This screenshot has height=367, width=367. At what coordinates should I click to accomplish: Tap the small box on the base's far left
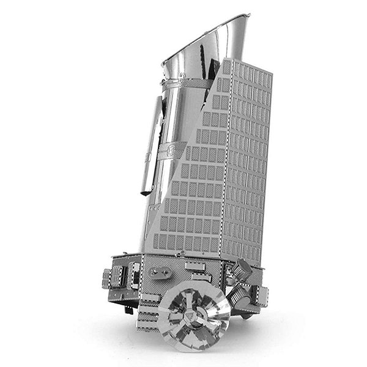[x=109, y=278]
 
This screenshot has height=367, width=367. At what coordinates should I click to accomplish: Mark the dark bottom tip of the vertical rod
[x=146, y=191]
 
